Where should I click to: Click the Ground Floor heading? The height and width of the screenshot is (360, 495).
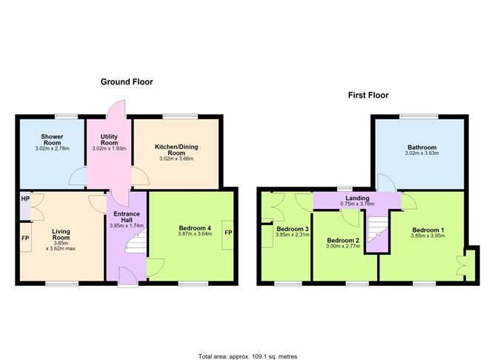pyautogui.click(x=127, y=82)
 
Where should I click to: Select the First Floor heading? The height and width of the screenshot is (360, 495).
pyautogui.click(x=368, y=96)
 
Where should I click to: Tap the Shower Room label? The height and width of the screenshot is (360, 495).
pyautogui.click(x=52, y=139)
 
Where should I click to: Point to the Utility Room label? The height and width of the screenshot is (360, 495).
pyautogui.click(x=109, y=139)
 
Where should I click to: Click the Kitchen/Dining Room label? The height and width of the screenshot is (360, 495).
pyautogui.click(x=176, y=150)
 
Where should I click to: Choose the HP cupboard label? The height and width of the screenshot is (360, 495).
pyautogui.click(x=25, y=199)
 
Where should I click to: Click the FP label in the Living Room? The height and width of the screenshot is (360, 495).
pyautogui.click(x=25, y=238)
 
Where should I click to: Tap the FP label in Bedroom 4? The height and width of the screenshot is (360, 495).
pyautogui.click(x=228, y=233)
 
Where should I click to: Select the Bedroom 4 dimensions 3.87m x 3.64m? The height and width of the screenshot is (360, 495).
pyautogui.click(x=195, y=234)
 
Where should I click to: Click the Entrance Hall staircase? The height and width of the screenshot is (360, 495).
pyautogui.click(x=136, y=241)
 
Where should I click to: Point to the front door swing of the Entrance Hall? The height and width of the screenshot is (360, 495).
pyautogui.click(x=127, y=276)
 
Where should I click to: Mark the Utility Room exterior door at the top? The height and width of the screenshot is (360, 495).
pyautogui.click(x=116, y=109)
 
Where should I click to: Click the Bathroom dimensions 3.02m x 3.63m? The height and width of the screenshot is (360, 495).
pyautogui.click(x=422, y=153)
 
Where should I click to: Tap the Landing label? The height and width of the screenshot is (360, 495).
pyautogui.click(x=357, y=198)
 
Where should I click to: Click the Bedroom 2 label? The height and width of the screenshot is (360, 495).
pyautogui.click(x=343, y=241)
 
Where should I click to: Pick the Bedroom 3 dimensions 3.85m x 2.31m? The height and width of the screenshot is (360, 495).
pyautogui.click(x=292, y=235)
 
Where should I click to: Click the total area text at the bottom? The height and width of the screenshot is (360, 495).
pyautogui.click(x=247, y=356)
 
